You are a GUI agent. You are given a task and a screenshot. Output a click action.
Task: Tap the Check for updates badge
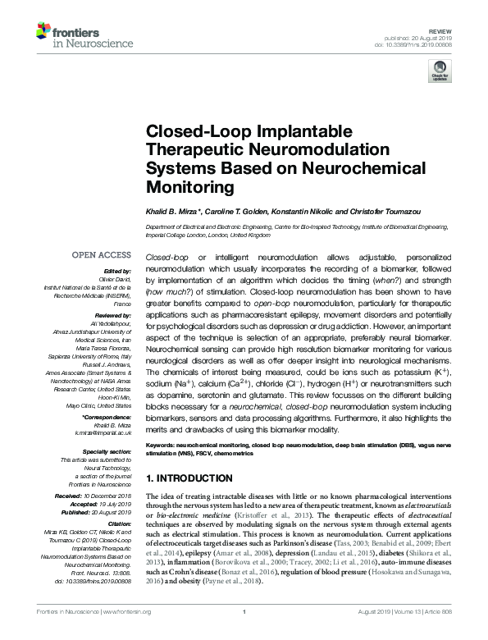(440, 72)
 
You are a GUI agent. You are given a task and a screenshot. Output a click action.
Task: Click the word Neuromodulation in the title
(284, 151)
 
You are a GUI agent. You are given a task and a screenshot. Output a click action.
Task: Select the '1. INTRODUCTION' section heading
(188, 478)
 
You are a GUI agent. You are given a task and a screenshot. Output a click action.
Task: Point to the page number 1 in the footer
(244, 633)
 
